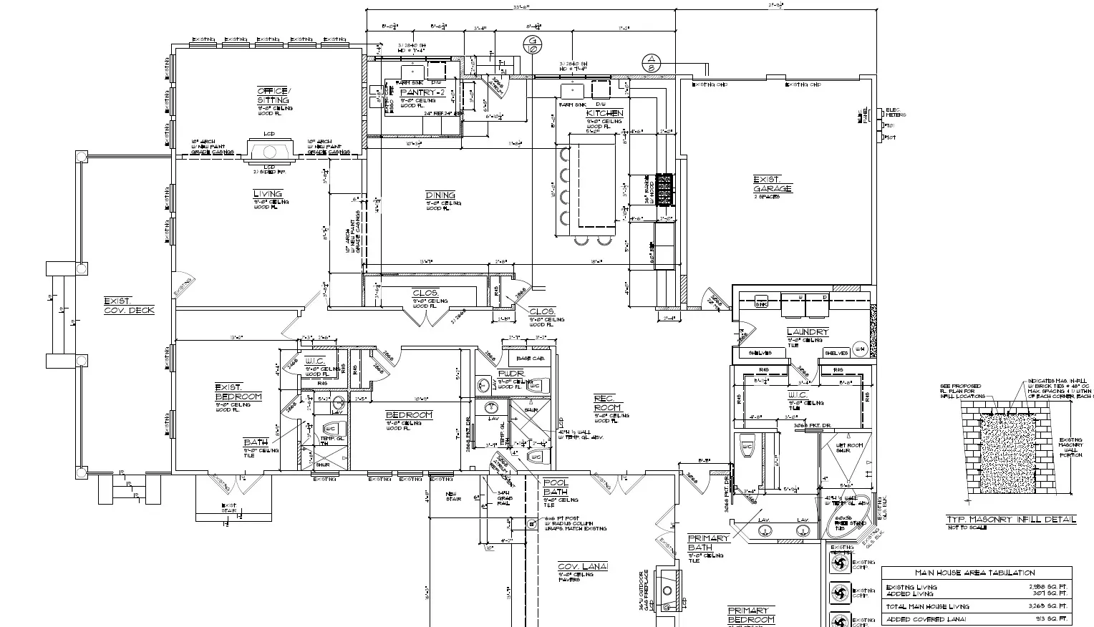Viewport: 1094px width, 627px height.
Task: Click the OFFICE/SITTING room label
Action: (x=273, y=95)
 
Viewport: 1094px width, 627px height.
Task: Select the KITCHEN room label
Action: (x=604, y=113)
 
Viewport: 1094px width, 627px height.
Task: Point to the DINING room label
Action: (x=440, y=195)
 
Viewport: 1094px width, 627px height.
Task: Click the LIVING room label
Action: (x=268, y=193)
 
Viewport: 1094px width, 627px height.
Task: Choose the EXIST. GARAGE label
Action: (x=773, y=184)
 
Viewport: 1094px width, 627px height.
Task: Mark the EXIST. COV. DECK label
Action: (x=128, y=306)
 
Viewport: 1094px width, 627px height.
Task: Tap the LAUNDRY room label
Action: (x=807, y=332)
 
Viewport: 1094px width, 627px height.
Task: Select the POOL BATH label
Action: (x=556, y=487)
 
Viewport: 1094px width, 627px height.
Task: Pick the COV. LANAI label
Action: (x=583, y=567)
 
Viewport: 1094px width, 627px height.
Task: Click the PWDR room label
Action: (x=512, y=374)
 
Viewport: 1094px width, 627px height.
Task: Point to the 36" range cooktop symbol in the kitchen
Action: (x=664, y=190)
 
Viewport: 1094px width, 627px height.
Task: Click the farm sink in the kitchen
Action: (x=573, y=90)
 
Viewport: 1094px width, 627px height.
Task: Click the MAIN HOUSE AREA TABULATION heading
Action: (x=975, y=573)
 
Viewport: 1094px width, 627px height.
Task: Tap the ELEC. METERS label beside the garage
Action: (x=895, y=112)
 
